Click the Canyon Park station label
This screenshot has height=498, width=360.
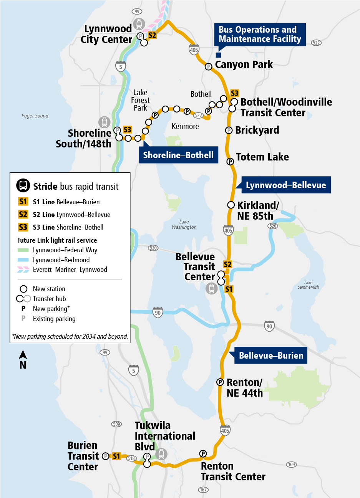coord(244,65)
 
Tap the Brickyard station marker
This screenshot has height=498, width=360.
coord(229,130)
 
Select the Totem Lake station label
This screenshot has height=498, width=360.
coord(262,157)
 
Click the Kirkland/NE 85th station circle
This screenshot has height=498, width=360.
coord(231,205)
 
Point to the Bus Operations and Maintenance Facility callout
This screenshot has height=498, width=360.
coord(260,35)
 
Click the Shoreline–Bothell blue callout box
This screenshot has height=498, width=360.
coord(178,155)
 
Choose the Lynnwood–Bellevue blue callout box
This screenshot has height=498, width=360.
coord(285,185)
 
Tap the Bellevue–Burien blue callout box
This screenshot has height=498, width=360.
coord(271,356)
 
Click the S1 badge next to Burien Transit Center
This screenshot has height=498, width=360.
coord(116,456)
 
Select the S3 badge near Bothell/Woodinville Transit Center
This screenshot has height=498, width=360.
coord(234,93)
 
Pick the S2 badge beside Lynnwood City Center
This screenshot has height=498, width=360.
coord(152,35)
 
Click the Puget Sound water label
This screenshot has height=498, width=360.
coord(35,116)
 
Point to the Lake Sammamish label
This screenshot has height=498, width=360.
coord(308,285)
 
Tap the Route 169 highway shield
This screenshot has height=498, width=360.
coord(292,465)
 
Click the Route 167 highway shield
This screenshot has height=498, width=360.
coord(203,490)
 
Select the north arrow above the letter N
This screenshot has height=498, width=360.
coord(23,355)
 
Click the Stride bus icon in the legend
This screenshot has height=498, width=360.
coord(23,186)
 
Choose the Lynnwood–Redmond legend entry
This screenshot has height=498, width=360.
coord(61,260)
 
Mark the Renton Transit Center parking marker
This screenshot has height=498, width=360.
coord(203,454)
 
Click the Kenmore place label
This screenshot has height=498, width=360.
coord(185,126)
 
